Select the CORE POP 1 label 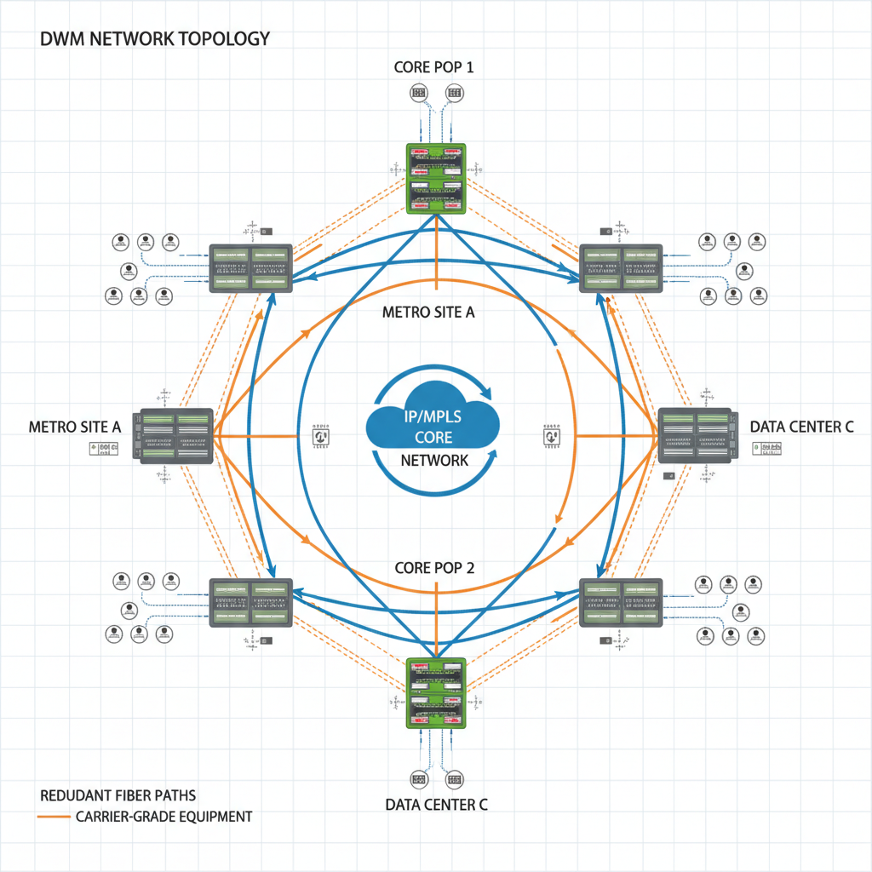434,66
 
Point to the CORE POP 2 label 434,567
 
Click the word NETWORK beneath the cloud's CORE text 434,461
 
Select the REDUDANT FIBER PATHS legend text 118,795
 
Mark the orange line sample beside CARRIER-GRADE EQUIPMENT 54,817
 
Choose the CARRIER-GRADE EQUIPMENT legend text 164,817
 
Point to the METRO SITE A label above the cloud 428,312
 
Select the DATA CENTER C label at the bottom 436,804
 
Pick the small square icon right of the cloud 549,434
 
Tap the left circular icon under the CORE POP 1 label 417,92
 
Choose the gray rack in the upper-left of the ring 250,268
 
